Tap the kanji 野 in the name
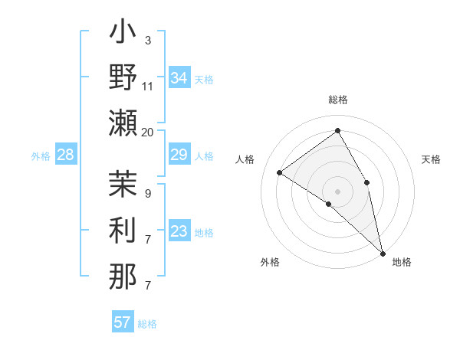[123, 78]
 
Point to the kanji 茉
[123, 186]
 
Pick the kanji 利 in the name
[123, 232]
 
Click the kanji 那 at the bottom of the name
[123, 278]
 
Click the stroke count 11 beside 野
[148, 86]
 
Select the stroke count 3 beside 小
[147, 40]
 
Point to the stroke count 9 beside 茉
[147, 193]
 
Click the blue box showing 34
[179, 78]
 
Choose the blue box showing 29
[179, 155]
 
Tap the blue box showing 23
[179, 232]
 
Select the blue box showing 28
[66, 155]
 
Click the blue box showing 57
[123, 322]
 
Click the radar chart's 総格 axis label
[338, 100]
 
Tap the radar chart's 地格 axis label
[402, 263]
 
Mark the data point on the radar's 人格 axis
[280, 172]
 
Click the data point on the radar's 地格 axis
[383, 253]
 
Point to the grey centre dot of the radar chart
[337, 190]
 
